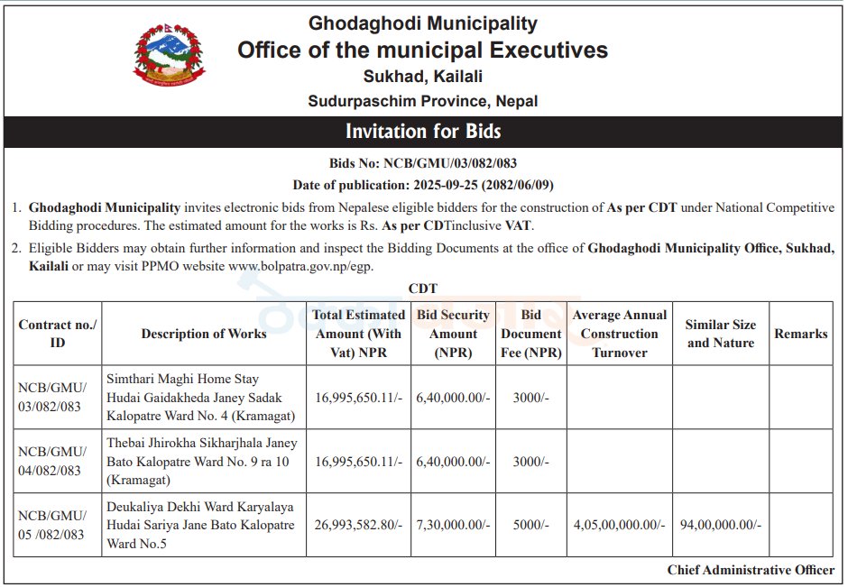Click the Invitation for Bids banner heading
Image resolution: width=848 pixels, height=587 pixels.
[x=423, y=132]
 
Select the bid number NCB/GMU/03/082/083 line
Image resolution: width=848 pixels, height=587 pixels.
[x=423, y=164]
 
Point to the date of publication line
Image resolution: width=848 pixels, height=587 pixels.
[x=423, y=185]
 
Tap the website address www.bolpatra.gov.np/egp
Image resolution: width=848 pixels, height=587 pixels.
[x=300, y=267]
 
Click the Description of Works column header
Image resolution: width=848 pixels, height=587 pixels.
[x=204, y=334]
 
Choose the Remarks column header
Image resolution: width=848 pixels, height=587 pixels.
[x=800, y=334]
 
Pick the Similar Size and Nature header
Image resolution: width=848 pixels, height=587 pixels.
[x=721, y=334]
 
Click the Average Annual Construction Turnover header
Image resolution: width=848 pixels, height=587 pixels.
[x=620, y=334]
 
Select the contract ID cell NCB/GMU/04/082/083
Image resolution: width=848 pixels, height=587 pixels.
[x=52, y=461]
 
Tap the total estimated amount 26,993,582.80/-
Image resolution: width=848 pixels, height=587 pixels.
[x=359, y=525]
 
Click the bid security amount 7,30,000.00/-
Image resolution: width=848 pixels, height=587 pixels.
[x=453, y=525]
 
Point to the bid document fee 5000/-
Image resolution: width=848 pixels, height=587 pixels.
[x=530, y=525]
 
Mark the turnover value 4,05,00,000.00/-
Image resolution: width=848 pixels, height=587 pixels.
[x=619, y=525]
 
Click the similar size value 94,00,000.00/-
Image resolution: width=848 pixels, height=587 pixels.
[x=721, y=525]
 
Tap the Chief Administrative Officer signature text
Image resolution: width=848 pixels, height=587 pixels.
[x=751, y=570]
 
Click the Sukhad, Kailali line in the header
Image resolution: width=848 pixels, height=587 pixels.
[x=423, y=77]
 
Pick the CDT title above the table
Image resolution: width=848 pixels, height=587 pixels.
[x=423, y=289]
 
